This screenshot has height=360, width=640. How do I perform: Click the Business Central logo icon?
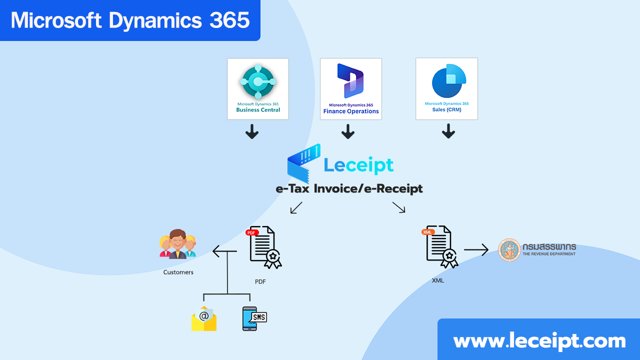point(258,81)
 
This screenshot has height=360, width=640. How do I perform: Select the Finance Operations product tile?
point(350,89)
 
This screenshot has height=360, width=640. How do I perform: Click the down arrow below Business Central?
point(252,132)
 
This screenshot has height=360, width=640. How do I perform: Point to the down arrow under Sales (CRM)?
point(448,132)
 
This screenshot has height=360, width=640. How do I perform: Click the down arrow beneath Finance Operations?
point(348,132)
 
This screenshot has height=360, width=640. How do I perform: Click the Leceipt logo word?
point(358,165)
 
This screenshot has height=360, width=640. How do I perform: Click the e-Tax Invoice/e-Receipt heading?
point(349,188)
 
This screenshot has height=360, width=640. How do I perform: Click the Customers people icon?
point(177,244)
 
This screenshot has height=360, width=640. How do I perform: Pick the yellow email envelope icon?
point(204,318)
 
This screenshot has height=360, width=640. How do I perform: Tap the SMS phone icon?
point(253,318)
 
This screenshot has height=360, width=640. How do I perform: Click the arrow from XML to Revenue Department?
point(475,249)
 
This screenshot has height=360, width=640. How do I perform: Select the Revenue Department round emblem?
point(509,249)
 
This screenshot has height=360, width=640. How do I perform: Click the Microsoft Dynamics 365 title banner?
point(130,20)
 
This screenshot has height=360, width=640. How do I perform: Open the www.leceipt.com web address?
point(539,341)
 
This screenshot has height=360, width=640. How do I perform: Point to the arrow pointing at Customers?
point(222,250)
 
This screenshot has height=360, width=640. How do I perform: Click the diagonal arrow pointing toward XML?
point(398,207)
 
